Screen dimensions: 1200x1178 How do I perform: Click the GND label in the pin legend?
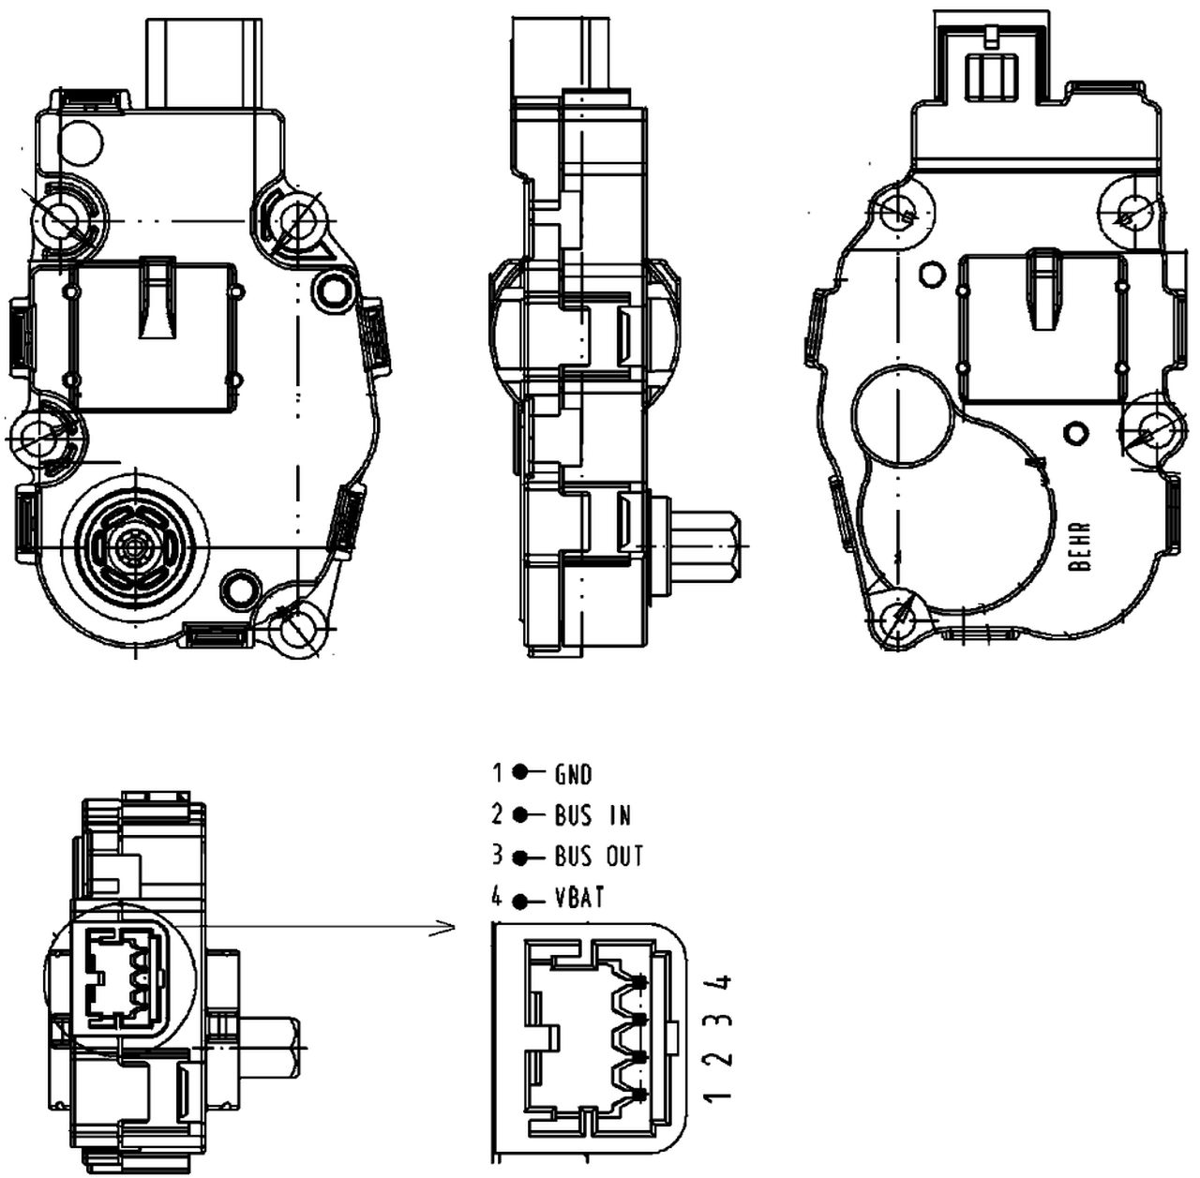point(573,774)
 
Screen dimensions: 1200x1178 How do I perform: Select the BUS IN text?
point(592,815)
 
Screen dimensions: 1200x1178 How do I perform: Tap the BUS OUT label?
point(598,857)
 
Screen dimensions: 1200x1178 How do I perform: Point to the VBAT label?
point(579,898)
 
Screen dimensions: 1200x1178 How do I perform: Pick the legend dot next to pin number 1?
point(520,772)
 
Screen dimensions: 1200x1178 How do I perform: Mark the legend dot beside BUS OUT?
point(520,858)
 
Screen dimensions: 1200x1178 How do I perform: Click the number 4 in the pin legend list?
point(496,897)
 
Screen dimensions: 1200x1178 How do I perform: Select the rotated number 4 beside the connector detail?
point(718,983)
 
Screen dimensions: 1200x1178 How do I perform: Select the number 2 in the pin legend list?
point(496,814)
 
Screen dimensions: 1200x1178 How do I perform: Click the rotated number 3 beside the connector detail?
point(718,1021)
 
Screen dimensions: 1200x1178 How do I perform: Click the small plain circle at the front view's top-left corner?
point(81,142)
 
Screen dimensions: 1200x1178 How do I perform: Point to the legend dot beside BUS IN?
point(520,814)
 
